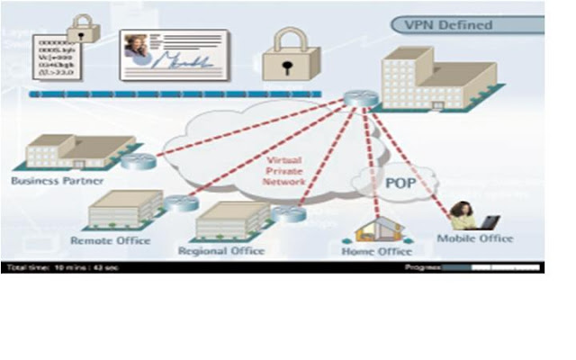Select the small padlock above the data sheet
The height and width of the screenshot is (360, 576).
(83, 28)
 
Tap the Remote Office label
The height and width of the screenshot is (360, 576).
(110, 240)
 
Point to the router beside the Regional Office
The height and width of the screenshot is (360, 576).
(288, 213)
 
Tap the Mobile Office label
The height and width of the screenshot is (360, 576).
(474, 238)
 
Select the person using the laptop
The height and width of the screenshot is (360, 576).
(465, 216)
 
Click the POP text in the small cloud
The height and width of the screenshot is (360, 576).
(401, 183)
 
